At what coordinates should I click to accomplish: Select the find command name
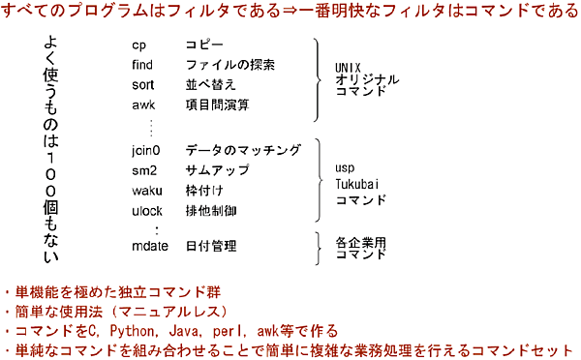click(x=142, y=65)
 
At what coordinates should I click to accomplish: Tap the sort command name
click(x=142, y=84)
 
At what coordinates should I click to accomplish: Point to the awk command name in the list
click(x=142, y=104)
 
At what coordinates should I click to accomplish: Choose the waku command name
click(x=145, y=190)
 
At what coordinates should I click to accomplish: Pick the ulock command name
click(x=146, y=209)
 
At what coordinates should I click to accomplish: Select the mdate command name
click(x=149, y=247)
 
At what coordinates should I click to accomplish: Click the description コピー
click(x=204, y=45)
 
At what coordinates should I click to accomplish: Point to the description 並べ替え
click(x=210, y=84)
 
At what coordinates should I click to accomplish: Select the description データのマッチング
click(x=236, y=151)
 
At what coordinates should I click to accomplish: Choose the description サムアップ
click(x=217, y=170)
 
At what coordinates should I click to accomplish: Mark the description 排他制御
click(x=210, y=209)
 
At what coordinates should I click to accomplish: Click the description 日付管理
click(x=210, y=247)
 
